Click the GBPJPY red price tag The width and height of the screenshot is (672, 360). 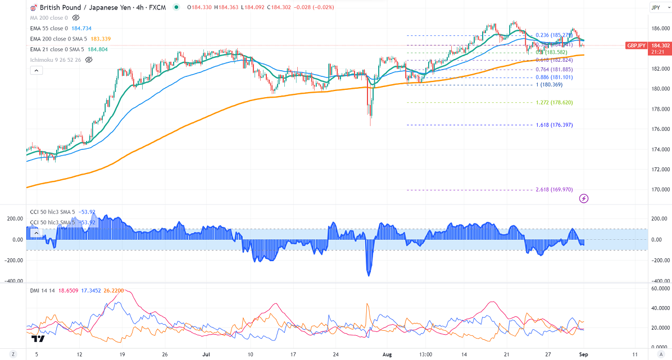click(637, 45)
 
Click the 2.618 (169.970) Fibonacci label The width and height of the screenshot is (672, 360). click(554, 190)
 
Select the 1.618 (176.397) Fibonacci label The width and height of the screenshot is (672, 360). click(554, 125)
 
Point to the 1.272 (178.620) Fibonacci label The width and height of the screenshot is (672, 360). click(554, 103)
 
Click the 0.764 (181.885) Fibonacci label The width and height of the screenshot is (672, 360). click(554, 70)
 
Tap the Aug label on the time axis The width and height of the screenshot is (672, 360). click(386, 354)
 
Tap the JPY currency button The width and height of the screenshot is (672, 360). click(656, 7)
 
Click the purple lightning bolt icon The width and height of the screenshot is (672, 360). click(584, 198)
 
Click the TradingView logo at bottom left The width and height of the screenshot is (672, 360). click(38, 339)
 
